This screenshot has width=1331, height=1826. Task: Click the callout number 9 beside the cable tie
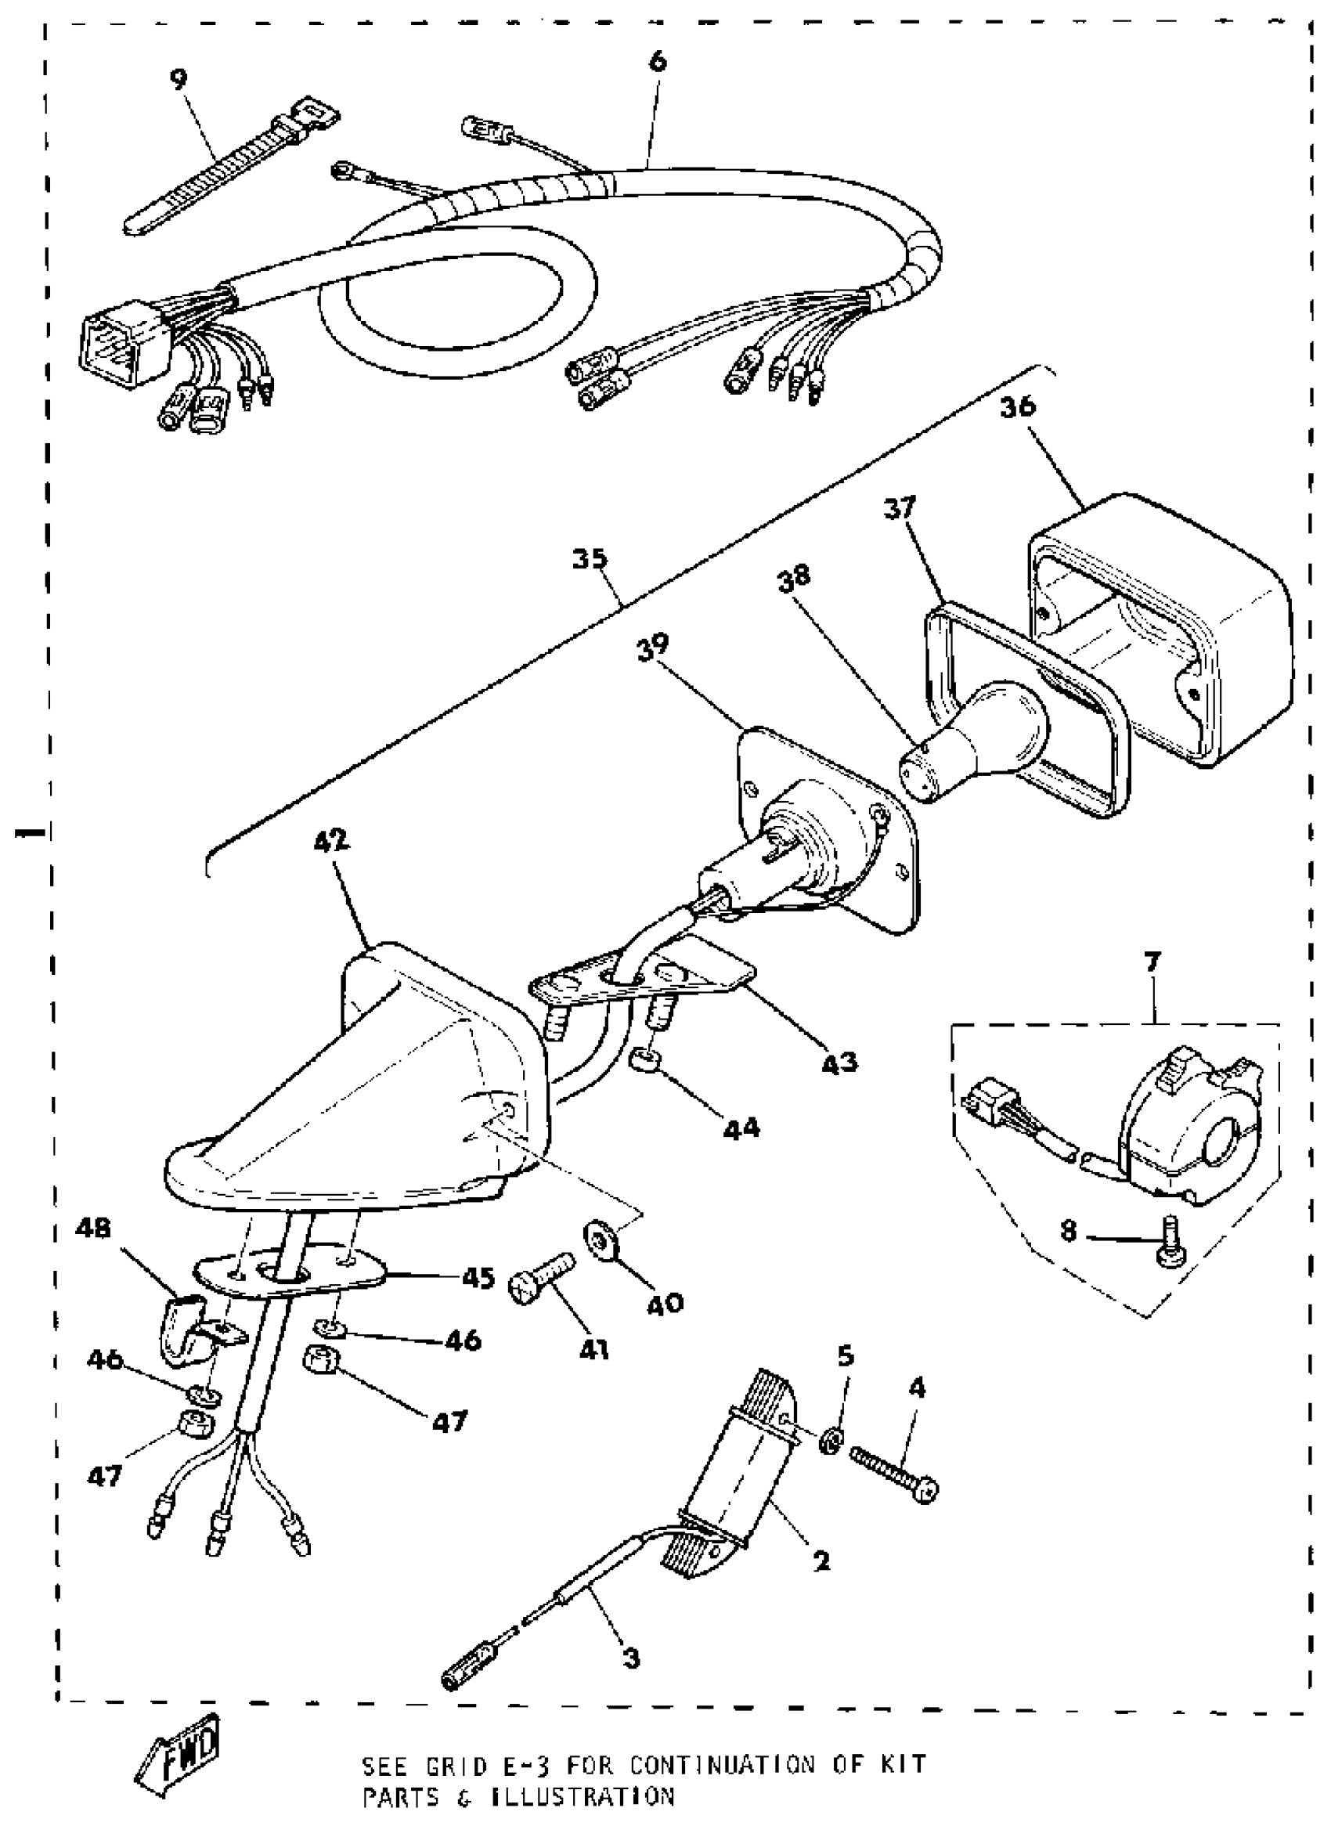[x=178, y=79]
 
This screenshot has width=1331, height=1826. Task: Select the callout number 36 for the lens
[x=1018, y=407]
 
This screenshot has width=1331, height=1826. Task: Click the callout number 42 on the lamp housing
[x=331, y=840]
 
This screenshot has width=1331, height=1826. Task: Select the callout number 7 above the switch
[x=1152, y=962]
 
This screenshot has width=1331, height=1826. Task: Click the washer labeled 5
[x=831, y=1441]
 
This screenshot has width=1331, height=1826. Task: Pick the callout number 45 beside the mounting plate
[x=477, y=1278]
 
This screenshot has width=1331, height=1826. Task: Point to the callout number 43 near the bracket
[x=839, y=1063]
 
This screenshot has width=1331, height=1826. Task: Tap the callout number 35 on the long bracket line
[x=590, y=558]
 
